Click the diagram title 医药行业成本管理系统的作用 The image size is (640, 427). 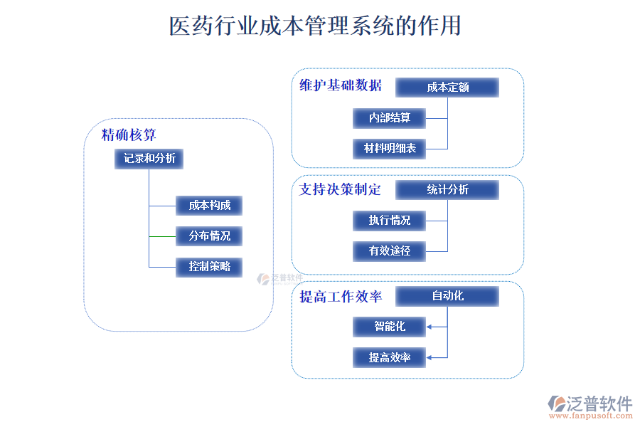pyautogui.click(x=315, y=26)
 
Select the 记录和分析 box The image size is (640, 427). pyautogui.click(x=149, y=159)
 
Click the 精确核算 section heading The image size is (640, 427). pyautogui.click(x=129, y=135)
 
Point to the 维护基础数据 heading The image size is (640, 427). pyautogui.click(x=341, y=86)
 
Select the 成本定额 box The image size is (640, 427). pyautogui.click(x=447, y=88)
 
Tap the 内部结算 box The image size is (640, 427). pyautogui.click(x=390, y=118)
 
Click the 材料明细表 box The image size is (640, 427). pyautogui.click(x=390, y=149)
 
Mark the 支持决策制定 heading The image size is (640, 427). pyautogui.click(x=341, y=189)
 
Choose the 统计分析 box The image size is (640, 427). pyautogui.click(x=447, y=190)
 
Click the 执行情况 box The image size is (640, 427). pyautogui.click(x=390, y=221)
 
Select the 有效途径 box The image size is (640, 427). pyautogui.click(x=390, y=251)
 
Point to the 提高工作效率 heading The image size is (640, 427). pyautogui.click(x=341, y=297)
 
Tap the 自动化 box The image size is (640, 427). pyautogui.click(x=447, y=296)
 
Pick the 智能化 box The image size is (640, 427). pyautogui.click(x=390, y=327)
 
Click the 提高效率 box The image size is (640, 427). pyautogui.click(x=390, y=357)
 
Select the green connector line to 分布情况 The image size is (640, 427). pyautogui.click(x=162, y=236)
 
